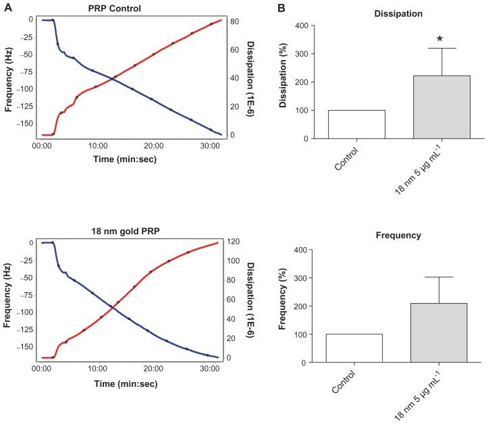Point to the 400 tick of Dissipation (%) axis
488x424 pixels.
pos(286,26)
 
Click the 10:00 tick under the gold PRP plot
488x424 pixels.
pos(98,369)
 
